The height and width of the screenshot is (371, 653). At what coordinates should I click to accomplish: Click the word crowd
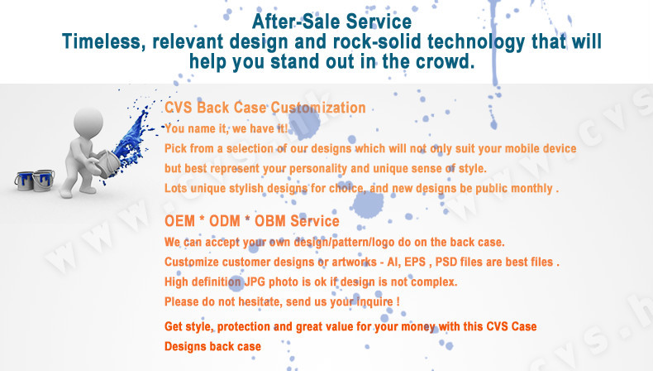coord(446,62)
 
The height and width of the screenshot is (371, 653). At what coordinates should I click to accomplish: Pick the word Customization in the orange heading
coord(318,108)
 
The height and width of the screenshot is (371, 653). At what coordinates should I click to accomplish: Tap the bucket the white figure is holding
coord(106,163)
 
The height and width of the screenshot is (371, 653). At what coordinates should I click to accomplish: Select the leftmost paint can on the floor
coord(24,181)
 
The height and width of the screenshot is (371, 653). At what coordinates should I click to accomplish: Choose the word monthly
coord(531,189)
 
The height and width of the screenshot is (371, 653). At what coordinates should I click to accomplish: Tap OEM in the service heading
coord(180,221)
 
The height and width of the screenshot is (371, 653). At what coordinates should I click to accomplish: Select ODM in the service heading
coord(225,221)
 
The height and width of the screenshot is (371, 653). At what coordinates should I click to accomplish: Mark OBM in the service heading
coord(270,221)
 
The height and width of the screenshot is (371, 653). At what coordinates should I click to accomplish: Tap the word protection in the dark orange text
coord(244,327)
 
